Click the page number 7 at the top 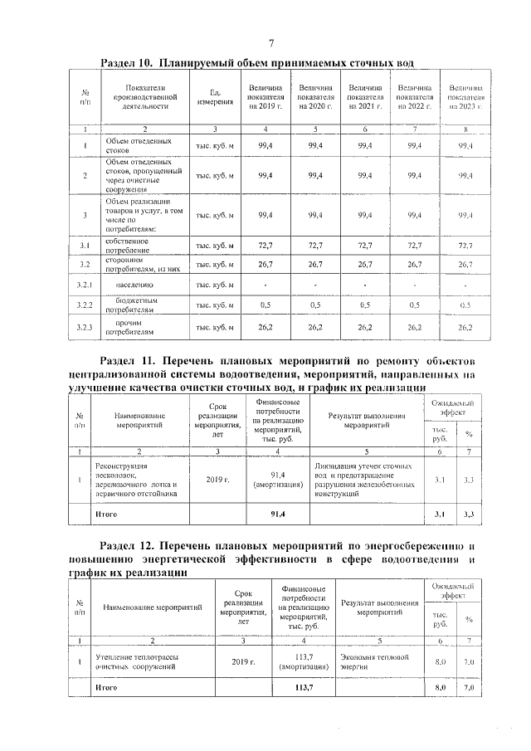click(270, 44)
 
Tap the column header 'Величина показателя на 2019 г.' click(265, 97)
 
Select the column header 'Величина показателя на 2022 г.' click(415, 97)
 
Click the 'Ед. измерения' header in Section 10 click(214, 97)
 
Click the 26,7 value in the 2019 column click(265, 265)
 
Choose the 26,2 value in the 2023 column click(465, 328)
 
